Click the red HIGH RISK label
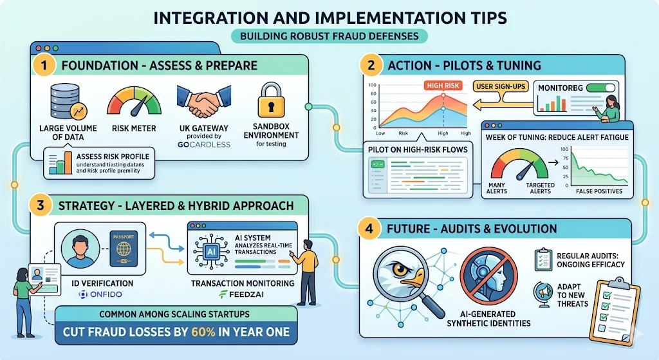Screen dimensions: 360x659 click(442, 85)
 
